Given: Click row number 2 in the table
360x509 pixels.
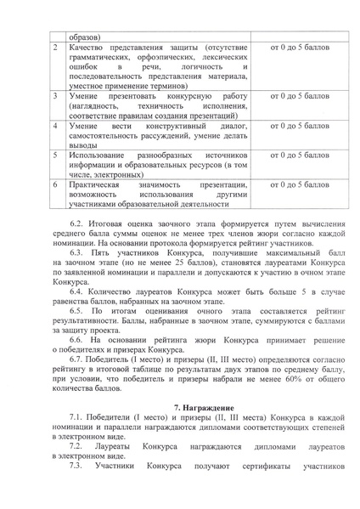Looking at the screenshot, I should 55,50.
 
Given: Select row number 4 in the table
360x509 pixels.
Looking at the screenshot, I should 55,125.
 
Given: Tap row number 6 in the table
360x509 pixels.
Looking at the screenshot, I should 55,184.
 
